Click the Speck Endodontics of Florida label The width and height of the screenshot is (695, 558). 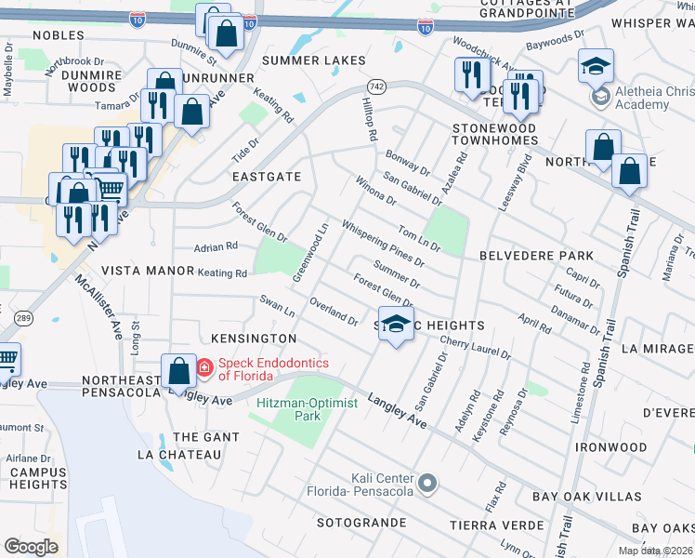(245, 369)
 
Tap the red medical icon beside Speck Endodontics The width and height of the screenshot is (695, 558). (203, 368)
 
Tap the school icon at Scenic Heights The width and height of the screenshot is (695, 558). (396, 325)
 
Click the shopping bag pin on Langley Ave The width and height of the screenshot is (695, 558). (177, 373)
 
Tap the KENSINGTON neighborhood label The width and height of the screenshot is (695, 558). (254, 339)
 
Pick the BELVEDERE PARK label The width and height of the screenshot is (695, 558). (536, 256)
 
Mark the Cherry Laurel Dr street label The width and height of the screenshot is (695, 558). (476, 349)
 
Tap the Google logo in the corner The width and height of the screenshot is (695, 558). (31, 546)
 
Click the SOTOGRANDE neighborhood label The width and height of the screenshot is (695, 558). (361, 523)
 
